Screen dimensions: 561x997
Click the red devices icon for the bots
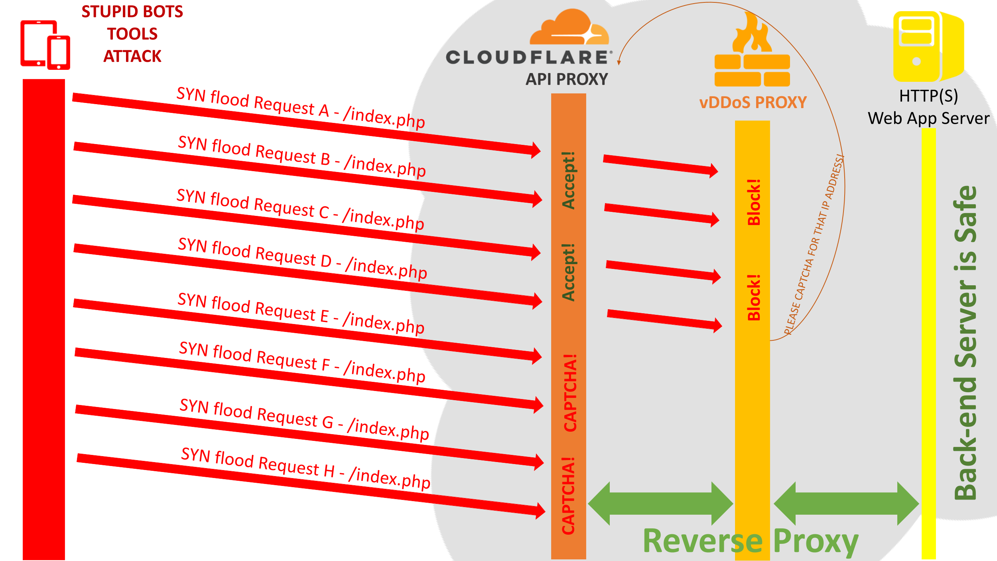point(45,45)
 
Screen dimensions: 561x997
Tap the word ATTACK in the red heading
point(132,57)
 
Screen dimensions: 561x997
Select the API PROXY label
point(567,79)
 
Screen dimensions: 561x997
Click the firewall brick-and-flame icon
point(752,52)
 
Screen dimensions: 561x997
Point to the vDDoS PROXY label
point(753,103)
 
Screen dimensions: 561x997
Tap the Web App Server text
point(928,119)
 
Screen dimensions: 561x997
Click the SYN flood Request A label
point(301,108)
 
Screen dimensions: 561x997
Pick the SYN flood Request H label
point(305,468)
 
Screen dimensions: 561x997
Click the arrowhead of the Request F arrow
point(538,405)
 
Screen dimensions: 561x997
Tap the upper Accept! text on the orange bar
point(568,180)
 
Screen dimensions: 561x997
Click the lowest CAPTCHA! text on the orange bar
point(568,496)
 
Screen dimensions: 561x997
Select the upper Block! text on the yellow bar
point(754,202)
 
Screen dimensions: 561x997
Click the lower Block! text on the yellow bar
point(754,298)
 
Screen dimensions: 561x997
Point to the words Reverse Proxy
point(751,541)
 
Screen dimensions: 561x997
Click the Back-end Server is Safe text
point(965,343)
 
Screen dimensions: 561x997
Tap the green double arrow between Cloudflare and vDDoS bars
point(660,504)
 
